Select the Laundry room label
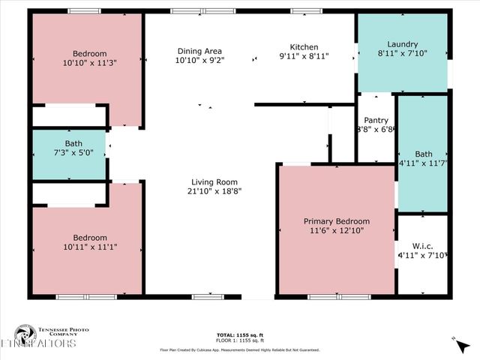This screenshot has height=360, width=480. click(403, 44)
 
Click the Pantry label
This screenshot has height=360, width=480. click(376, 120)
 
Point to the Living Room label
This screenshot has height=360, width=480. click(214, 181)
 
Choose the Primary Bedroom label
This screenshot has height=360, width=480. click(336, 221)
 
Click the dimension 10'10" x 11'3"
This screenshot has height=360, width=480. click(89, 63)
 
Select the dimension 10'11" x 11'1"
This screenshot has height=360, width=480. click(89, 247)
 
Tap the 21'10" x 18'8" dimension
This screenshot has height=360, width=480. click(214, 191)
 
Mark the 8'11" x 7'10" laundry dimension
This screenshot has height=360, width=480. click(403, 54)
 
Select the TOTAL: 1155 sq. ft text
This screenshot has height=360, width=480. click(239, 334)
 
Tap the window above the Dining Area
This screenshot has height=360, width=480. click(202, 11)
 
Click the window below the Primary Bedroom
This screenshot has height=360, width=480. click(337, 297)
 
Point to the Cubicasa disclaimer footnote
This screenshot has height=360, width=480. click(239, 349)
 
